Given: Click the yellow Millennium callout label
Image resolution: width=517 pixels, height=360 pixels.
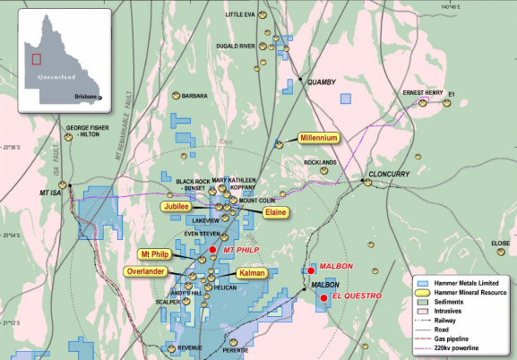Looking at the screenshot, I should pos(319,139).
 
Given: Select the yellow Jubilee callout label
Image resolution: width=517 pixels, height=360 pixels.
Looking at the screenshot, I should pos(176,206).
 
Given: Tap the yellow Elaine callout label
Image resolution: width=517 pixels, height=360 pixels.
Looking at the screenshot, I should pos(275,213).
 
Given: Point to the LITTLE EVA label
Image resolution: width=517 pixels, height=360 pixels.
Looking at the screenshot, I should pos(240,14).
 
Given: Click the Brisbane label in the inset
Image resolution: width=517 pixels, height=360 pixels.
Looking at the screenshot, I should pos(85,97).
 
